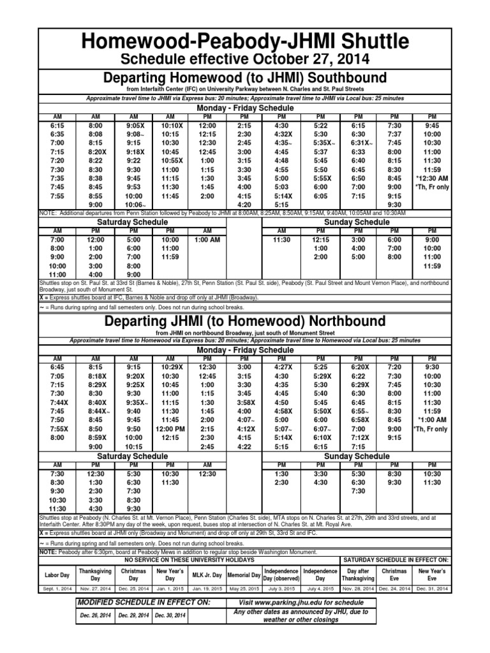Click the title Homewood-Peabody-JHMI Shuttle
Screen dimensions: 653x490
pos(244,42)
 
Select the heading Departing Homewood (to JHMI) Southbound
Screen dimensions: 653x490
pos(245,77)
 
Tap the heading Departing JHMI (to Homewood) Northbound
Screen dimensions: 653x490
pos(245,319)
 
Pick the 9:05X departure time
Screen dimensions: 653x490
pos(134,126)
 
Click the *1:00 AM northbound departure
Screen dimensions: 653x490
pos(432,420)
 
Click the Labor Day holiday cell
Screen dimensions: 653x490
pos(57,575)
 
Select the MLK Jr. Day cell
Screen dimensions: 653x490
pos(207,575)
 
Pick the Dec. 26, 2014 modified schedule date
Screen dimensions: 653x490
pos(94,615)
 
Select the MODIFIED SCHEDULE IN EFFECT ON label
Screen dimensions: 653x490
pos(143,602)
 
